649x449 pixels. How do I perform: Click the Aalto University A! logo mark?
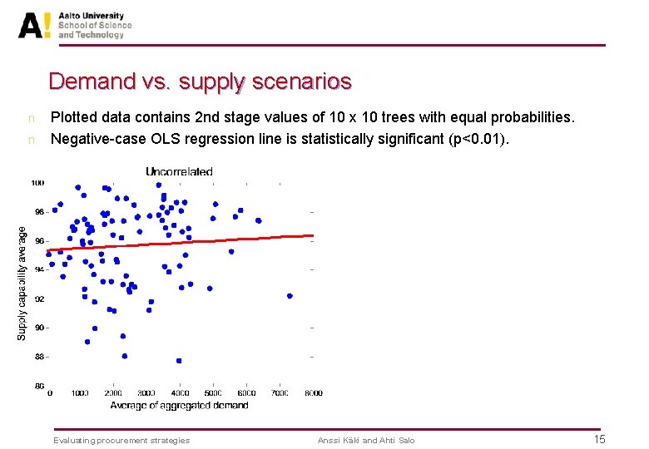pyautogui.click(x=35, y=25)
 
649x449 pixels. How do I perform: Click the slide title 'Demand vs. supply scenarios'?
pyautogui.click(x=200, y=81)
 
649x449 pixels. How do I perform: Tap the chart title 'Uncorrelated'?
pyautogui.click(x=179, y=171)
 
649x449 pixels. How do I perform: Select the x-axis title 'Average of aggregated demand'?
pyautogui.click(x=179, y=406)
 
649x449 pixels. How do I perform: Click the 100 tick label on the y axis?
pyautogui.click(x=38, y=183)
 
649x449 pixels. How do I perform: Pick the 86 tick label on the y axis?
pyautogui.click(x=39, y=386)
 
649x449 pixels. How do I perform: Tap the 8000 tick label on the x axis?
pyautogui.click(x=312, y=393)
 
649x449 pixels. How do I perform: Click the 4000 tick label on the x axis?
pyautogui.click(x=181, y=393)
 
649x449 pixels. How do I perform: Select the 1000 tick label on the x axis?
pyautogui.click(x=81, y=393)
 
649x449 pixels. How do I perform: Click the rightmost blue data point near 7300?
pyautogui.click(x=290, y=296)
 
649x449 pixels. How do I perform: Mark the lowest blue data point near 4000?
pyautogui.click(x=179, y=361)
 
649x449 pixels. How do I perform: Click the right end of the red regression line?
pyautogui.click(x=312, y=236)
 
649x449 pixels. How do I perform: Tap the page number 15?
pyautogui.click(x=599, y=439)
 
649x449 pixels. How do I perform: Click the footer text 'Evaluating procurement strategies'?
pyautogui.click(x=121, y=440)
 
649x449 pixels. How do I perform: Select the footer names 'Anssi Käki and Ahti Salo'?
pyautogui.click(x=366, y=440)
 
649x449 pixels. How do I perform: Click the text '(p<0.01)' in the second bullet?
pyautogui.click(x=481, y=139)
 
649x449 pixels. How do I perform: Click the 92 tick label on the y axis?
pyautogui.click(x=39, y=299)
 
